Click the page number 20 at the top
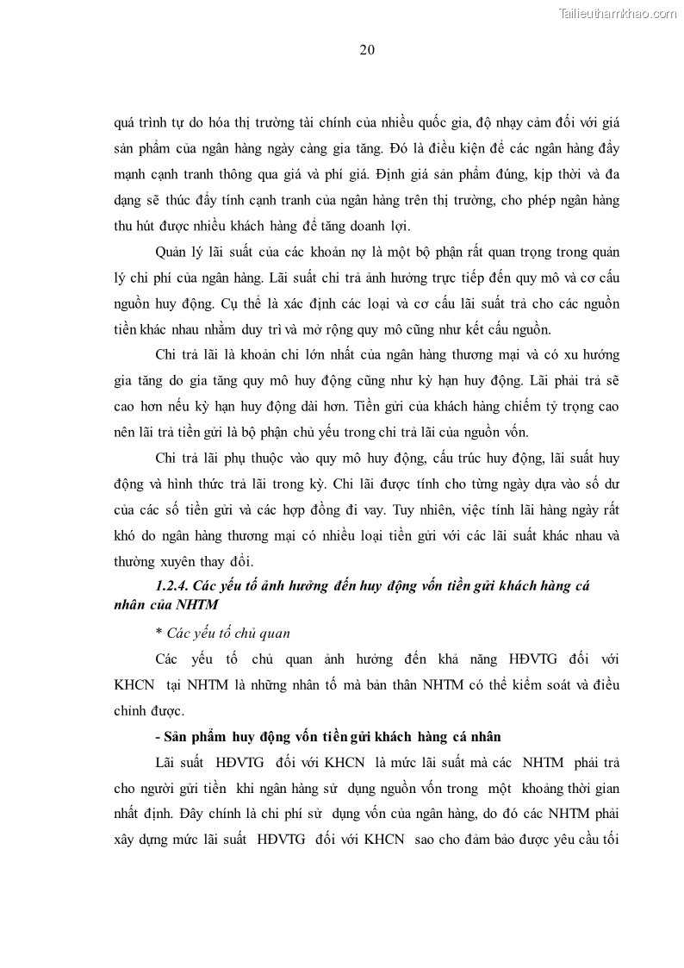[366, 49]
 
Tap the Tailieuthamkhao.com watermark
[618, 13]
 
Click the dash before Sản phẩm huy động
[158, 737]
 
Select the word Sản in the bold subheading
[177, 737]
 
